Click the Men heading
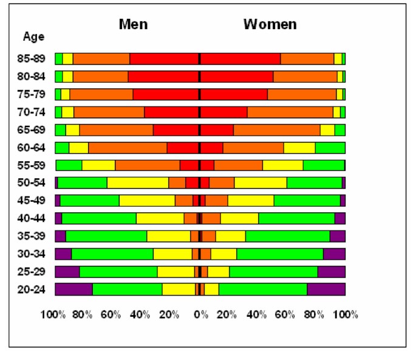(133, 24)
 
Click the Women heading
(270, 24)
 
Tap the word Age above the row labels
(34, 36)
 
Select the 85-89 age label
(32, 59)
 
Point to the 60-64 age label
(32, 148)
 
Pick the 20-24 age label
(32, 289)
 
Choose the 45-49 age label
(32, 201)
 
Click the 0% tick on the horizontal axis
(200, 315)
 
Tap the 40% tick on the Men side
(140, 315)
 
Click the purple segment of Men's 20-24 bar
(73, 289)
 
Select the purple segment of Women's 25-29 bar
(331, 272)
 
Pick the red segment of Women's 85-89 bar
(240, 59)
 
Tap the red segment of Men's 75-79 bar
(165, 94)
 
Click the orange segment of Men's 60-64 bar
(128, 148)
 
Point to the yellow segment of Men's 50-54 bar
(138, 183)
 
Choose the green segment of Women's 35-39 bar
(287, 236)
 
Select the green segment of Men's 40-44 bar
(99, 218)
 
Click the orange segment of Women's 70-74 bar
(290, 112)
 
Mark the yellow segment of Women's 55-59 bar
(282, 165)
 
